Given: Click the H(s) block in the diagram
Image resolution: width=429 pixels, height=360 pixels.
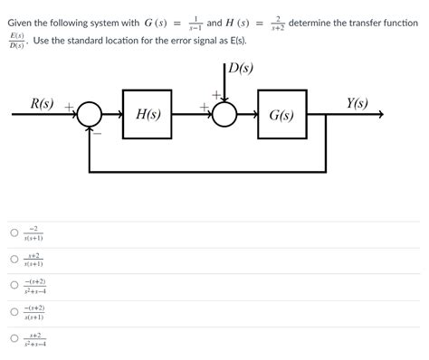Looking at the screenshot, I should tap(148, 115).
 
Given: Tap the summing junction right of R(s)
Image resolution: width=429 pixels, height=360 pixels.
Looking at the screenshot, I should tap(88, 115).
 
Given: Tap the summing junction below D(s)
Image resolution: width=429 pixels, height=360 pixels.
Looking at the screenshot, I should tap(224, 115).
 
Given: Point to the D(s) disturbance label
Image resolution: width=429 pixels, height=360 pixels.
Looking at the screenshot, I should tap(240, 67).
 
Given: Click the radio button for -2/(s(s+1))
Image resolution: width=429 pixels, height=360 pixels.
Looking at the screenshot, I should tap(14, 232).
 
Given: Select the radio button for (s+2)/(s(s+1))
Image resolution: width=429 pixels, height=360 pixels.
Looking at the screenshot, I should tap(14, 260).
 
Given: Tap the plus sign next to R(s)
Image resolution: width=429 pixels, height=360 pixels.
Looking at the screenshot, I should tap(69, 107).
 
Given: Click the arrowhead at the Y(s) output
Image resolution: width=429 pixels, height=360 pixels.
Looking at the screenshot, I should tap(382, 115).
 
